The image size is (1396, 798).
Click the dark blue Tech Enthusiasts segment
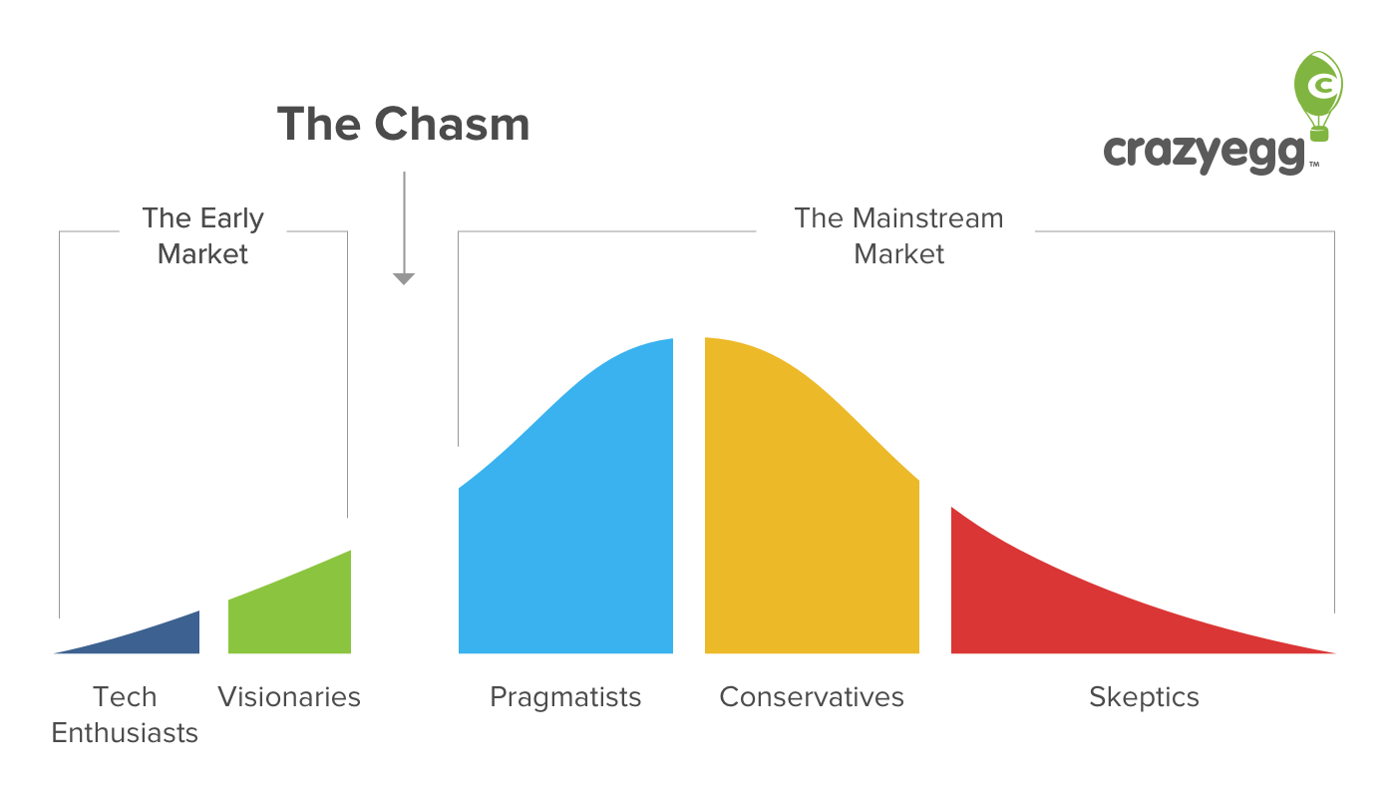[156, 639]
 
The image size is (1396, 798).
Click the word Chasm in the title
[452, 124]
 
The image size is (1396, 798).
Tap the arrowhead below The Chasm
[404, 278]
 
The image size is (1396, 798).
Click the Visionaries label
[289, 697]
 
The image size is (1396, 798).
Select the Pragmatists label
[565, 698]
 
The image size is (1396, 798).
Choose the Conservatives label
[812, 697]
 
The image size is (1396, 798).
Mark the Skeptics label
[1145, 698]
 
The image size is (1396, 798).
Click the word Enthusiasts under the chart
[125, 733]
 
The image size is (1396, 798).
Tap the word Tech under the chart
[125, 697]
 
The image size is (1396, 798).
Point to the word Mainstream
[928, 218]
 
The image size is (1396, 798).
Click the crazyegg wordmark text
[1204, 154]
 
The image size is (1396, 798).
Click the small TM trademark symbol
[1314, 165]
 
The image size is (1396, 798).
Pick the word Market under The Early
[202, 254]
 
